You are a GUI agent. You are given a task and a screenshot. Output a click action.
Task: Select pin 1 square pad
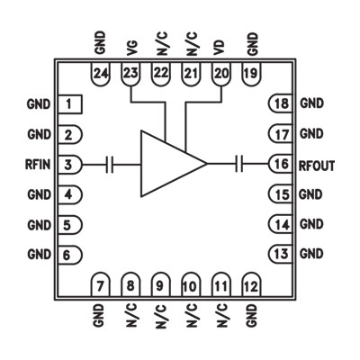(68, 104)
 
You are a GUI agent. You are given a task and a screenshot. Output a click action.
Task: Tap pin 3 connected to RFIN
(69, 164)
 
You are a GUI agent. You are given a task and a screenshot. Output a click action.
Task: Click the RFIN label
(39, 164)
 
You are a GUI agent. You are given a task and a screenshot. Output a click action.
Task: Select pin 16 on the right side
(281, 164)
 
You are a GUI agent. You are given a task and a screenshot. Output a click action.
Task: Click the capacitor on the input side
(110, 164)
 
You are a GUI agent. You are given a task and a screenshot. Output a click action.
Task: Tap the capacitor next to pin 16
(240, 164)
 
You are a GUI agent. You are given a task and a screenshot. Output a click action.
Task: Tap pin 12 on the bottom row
(250, 285)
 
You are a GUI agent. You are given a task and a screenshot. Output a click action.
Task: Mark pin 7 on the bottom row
(100, 285)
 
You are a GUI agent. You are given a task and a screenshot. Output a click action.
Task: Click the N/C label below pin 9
(161, 315)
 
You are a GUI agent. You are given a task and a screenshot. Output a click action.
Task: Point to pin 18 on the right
(281, 104)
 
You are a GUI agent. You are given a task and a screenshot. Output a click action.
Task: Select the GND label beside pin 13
(311, 254)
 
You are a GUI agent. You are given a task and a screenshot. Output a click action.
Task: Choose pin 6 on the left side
(69, 254)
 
